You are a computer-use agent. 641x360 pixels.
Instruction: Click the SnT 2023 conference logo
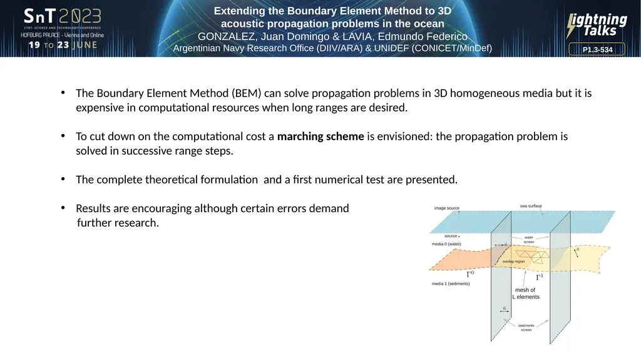tap(62, 16)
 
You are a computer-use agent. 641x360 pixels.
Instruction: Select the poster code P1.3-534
tap(597, 49)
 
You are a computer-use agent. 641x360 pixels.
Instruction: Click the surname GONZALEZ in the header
tap(225, 36)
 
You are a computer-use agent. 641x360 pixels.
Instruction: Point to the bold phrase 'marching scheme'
tap(320, 136)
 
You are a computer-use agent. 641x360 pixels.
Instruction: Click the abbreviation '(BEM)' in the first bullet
tap(246, 93)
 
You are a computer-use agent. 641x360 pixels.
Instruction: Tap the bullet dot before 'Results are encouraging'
tap(63, 208)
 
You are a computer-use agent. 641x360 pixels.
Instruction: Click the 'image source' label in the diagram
tap(446, 208)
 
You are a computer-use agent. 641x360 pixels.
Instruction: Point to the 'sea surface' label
tap(531, 206)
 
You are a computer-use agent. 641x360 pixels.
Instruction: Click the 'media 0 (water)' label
tap(446, 244)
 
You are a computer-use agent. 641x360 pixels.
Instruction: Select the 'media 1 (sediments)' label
tap(451, 284)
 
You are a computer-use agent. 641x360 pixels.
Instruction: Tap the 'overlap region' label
tap(513, 262)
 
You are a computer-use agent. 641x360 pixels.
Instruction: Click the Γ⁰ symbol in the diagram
tap(471, 274)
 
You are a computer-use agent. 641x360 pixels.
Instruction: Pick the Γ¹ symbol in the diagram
tap(540, 277)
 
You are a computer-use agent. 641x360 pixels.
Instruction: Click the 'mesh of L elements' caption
tap(526, 293)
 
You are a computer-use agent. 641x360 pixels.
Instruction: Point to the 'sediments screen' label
tap(526, 327)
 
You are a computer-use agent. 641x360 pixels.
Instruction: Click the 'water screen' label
tap(528, 239)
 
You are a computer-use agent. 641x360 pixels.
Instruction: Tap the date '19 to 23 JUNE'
tap(63, 45)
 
